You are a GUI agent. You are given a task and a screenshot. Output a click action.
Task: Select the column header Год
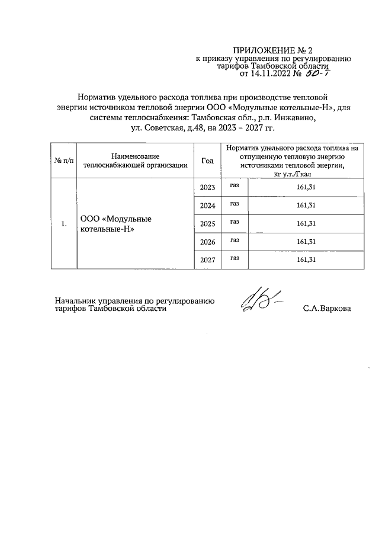tap(207, 161)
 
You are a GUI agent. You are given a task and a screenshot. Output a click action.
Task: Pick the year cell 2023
tap(207, 188)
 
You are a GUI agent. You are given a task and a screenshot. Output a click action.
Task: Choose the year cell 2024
tap(207, 206)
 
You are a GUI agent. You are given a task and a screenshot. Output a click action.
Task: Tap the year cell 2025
tap(207, 224)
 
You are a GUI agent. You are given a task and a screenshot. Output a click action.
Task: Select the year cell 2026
tap(207, 242)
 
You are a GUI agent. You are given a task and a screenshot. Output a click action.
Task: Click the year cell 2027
tap(207, 259)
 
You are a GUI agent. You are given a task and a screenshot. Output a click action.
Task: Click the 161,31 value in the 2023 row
tap(305, 188)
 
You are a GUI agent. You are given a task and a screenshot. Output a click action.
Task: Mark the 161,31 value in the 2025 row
tap(305, 224)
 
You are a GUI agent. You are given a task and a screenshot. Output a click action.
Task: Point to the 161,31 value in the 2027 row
tap(305, 259)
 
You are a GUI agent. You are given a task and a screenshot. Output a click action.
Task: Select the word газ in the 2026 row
tap(235, 240)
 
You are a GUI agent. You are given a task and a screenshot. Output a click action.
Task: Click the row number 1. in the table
tap(65, 224)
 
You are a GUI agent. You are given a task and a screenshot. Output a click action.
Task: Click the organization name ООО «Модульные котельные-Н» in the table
tap(115, 224)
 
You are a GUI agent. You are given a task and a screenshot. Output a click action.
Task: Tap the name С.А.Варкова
tap(326, 309)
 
